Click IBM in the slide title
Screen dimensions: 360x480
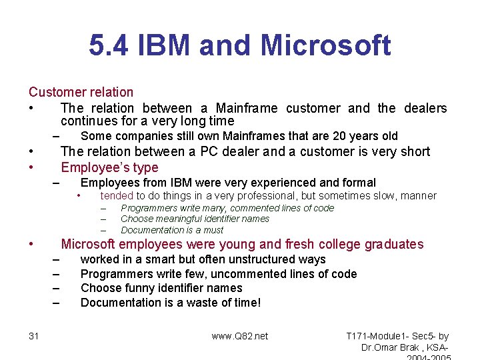pyautogui.click(x=161, y=46)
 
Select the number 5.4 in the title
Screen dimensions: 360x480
pyautogui.click(x=110, y=46)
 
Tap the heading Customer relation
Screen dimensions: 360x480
pyautogui.click(x=81, y=92)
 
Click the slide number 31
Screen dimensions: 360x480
pyautogui.click(x=34, y=336)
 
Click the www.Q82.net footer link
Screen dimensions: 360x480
pyautogui.click(x=240, y=336)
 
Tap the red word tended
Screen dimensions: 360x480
pyautogui.click(x=117, y=195)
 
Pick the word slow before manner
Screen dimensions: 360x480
pyautogui.click(x=382, y=195)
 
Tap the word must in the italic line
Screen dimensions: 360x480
pyautogui.click(x=214, y=229)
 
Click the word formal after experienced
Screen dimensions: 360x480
pyautogui.click(x=359, y=183)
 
